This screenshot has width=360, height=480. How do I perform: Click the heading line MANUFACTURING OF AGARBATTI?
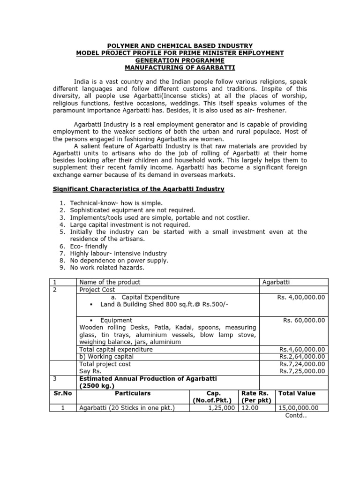pyautogui.click(x=180, y=68)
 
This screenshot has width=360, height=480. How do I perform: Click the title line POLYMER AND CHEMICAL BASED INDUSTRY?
pyautogui.click(x=180, y=45)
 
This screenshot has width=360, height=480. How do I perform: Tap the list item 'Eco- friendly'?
pyautogui.click(x=89, y=246)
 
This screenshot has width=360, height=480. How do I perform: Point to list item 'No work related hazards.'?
pyautogui.click(x=107, y=268)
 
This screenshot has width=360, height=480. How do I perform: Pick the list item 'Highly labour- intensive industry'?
pyautogui.click(x=118, y=254)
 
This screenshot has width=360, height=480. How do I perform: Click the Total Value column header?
pyautogui.click(x=297, y=393)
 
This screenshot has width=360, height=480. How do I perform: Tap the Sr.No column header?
pyautogui.click(x=62, y=393)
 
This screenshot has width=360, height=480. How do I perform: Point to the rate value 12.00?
pyautogui.click(x=250, y=408)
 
